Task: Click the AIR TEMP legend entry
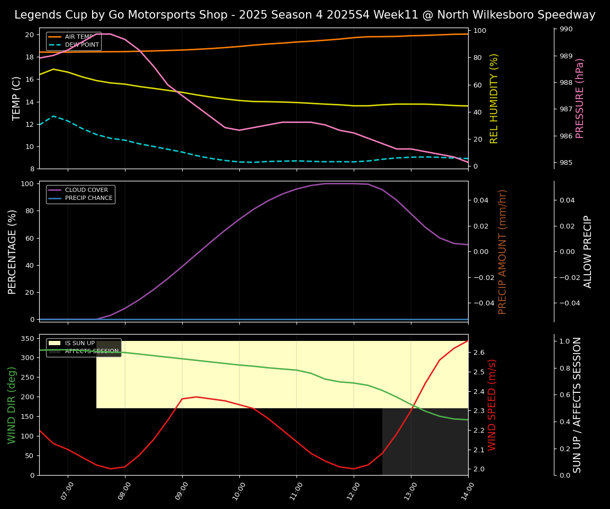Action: [78, 37]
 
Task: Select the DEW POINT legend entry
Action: [82, 45]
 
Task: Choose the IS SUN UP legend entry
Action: [79, 344]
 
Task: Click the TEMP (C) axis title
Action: [17, 98]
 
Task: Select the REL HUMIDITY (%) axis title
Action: [495, 98]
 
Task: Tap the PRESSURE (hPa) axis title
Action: [580, 98]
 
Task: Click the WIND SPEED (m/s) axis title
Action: [492, 405]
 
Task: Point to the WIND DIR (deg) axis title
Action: [12, 405]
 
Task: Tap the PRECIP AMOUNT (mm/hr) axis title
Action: [503, 251]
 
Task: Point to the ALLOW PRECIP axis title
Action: [588, 251]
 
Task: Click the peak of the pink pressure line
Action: [103, 34]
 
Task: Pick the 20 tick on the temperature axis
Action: [30, 35]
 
